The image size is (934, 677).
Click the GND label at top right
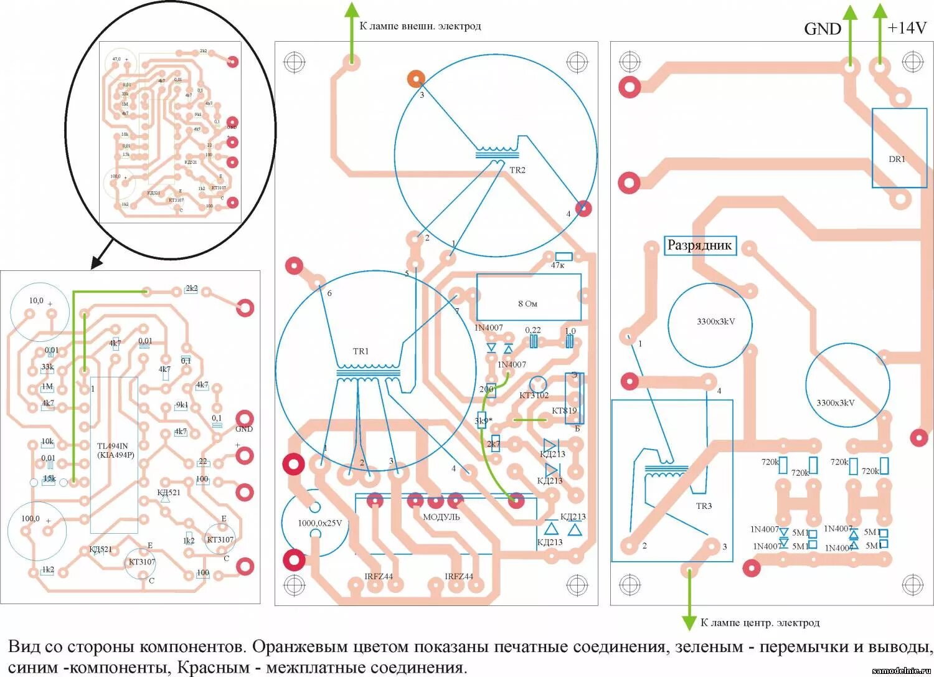(822, 29)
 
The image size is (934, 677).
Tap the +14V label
(907, 28)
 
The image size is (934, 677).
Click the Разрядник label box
(699, 245)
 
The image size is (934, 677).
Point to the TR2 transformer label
(517, 170)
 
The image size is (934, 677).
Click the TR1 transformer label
(361, 351)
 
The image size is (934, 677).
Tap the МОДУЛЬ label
(441, 517)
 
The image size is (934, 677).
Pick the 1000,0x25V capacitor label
(319, 523)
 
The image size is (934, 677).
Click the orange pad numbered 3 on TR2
(416, 79)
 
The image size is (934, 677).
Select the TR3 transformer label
(704, 506)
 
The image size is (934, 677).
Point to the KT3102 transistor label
(534, 395)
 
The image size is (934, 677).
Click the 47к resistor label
(557, 265)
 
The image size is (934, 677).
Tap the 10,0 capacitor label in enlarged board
(36, 301)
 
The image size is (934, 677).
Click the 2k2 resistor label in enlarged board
(191, 288)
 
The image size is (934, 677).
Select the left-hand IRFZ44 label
(379, 577)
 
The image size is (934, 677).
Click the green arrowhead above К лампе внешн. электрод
(352, 11)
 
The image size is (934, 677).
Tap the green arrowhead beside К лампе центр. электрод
(689, 622)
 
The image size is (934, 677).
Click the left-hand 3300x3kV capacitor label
(715, 322)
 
